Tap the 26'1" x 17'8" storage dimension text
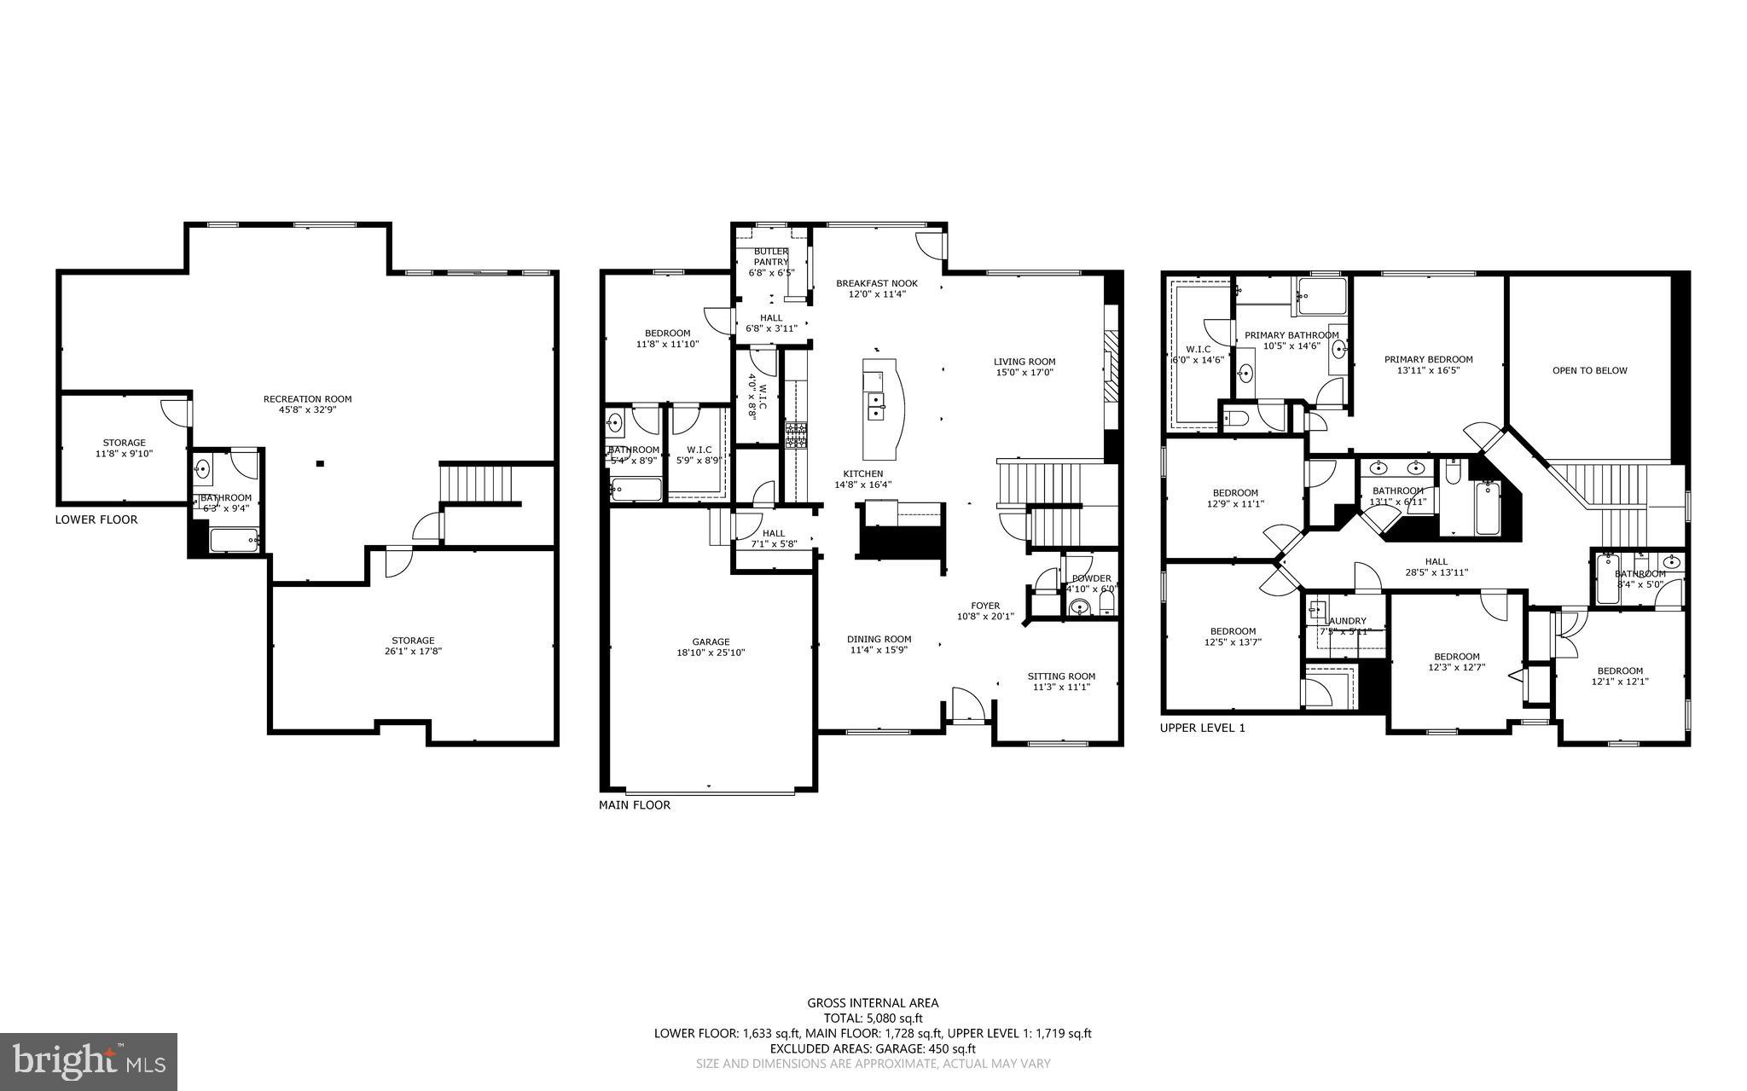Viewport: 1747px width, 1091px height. click(413, 651)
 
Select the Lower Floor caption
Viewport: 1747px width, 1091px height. click(96, 519)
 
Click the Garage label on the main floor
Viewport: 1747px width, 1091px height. click(711, 641)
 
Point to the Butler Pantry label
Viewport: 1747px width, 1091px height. click(770, 257)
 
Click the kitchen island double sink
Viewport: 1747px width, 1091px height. click(875, 406)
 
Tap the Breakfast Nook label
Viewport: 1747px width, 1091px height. click(876, 283)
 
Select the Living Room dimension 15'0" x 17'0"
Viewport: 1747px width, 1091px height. click(1024, 372)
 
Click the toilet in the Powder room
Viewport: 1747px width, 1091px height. click(1106, 605)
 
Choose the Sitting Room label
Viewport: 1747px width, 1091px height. click(1061, 676)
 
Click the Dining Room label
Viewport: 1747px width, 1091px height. click(879, 639)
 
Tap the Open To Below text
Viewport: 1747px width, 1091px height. click(1589, 370)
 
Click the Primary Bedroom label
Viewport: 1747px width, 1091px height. click(1428, 359)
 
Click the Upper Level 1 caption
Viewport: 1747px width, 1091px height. click(1202, 728)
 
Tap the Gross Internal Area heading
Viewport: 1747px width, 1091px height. click(873, 1003)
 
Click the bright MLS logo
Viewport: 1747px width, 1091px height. click(88, 1062)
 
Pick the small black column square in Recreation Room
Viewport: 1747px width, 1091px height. click(320, 464)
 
